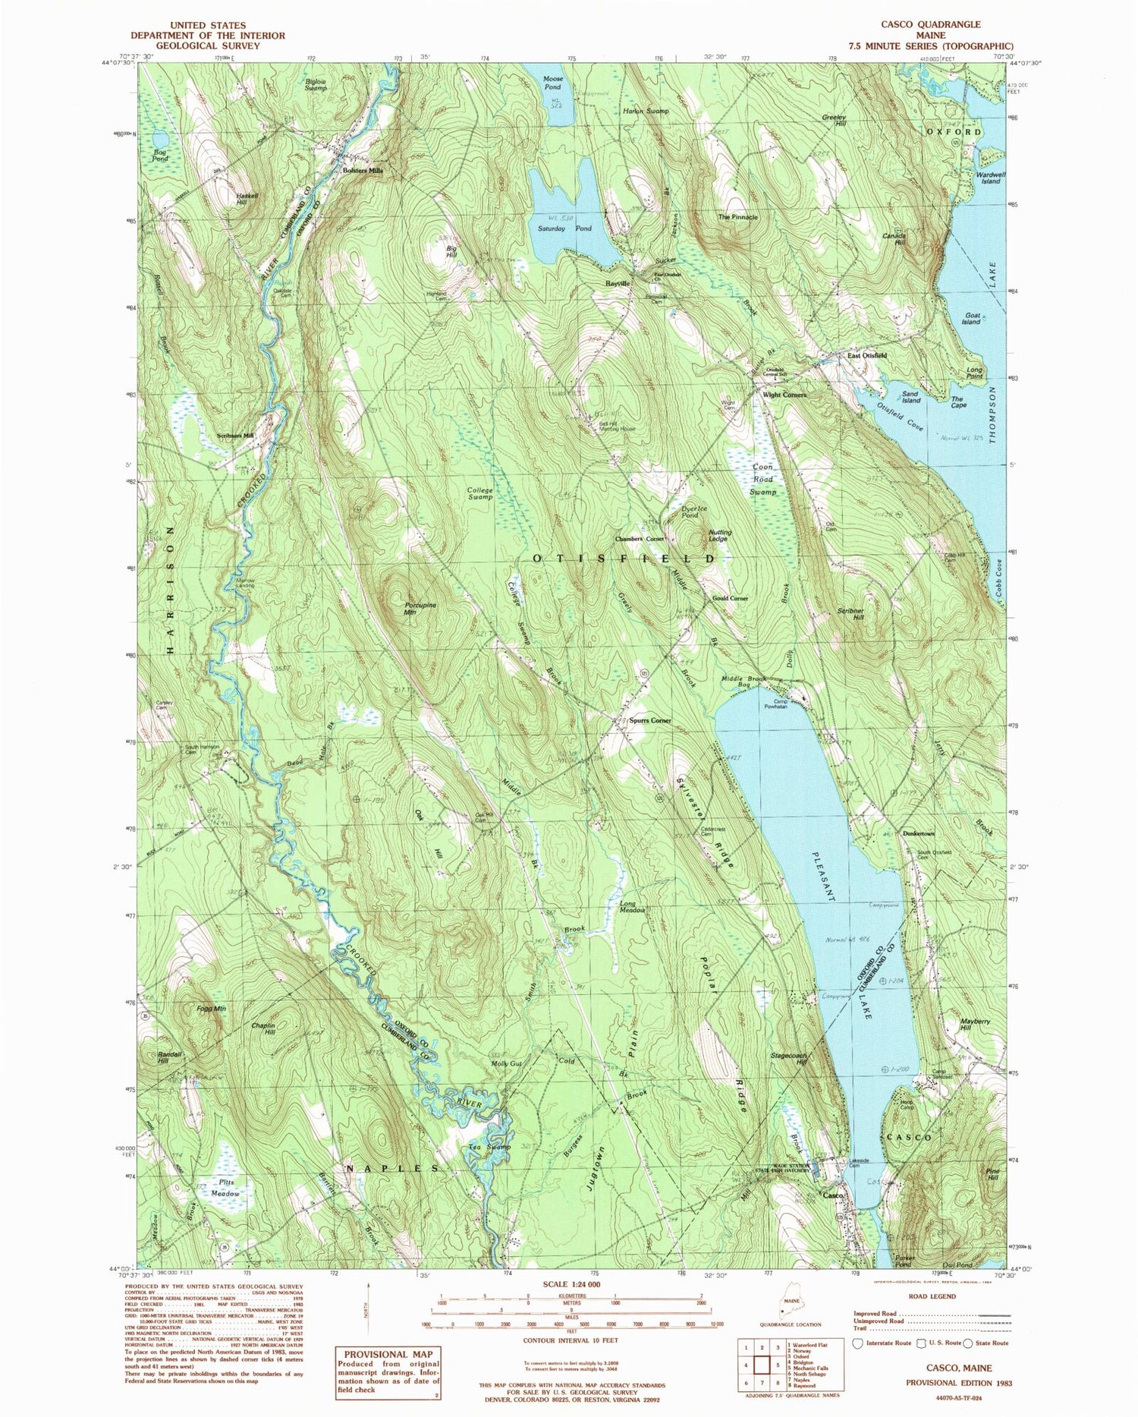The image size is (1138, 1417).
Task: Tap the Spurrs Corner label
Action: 650,720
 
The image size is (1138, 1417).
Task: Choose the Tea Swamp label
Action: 488,1147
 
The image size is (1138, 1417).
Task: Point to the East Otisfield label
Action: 867,355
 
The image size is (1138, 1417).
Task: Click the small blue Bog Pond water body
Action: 161,139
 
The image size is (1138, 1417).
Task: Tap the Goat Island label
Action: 972,318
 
